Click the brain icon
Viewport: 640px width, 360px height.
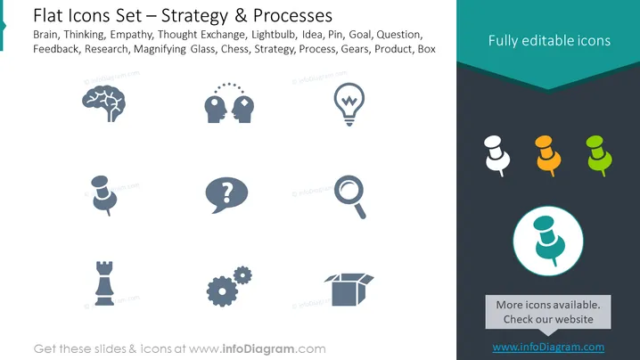coord(103,102)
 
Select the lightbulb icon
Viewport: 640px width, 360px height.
coord(349,104)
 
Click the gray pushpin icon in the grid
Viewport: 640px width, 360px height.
coord(104,195)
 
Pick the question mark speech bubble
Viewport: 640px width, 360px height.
coord(226,194)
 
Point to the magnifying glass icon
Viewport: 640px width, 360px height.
coord(349,197)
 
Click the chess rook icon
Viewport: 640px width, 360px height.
coord(104,283)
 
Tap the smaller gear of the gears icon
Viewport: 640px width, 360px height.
coord(242,275)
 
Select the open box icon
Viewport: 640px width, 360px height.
coord(349,290)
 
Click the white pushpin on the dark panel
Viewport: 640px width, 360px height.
coord(496,156)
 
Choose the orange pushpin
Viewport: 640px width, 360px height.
coord(548,156)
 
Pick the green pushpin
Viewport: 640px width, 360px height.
coord(599,156)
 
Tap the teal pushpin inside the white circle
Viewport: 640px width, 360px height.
coord(548,241)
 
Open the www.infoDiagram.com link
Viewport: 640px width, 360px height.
coord(548,347)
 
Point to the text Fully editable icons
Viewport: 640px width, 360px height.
coord(549,40)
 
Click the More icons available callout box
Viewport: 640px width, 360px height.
coord(548,312)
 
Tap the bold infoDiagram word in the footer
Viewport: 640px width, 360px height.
coord(258,349)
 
